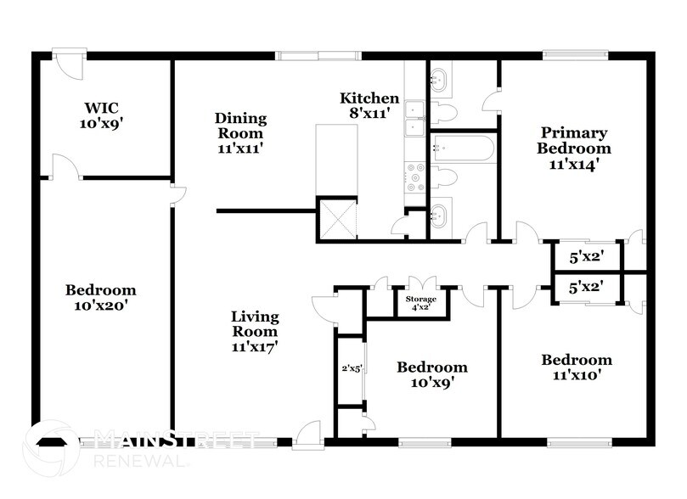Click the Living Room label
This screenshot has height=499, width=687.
tap(255, 331)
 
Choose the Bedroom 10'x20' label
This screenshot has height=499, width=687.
tap(100, 297)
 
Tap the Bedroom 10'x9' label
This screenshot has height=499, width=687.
tap(432, 375)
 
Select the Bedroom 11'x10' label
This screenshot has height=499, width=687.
tap(577, 367)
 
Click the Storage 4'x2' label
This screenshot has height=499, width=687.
tap(420, 304)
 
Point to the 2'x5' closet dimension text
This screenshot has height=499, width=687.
tap(349, 369)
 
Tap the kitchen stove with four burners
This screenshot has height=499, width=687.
tap(415, 176)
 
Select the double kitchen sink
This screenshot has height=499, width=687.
tap(415, 118)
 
